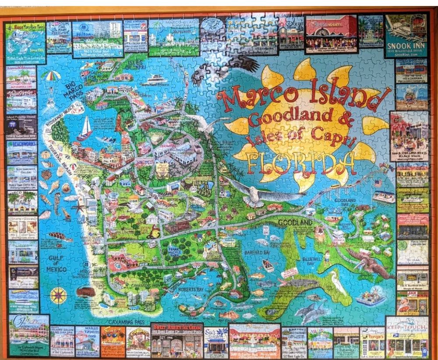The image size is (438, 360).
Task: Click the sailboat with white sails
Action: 85,129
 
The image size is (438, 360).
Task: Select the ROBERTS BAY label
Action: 190,290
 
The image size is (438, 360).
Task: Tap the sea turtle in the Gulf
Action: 60,236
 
